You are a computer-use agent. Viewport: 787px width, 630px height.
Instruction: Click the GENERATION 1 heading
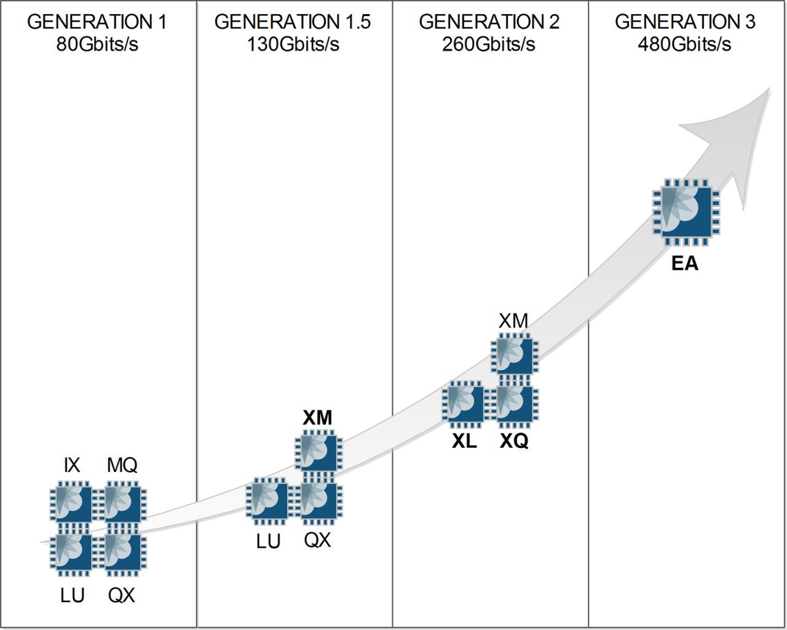pos(97,22)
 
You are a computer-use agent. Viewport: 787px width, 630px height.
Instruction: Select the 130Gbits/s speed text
pos(293,44)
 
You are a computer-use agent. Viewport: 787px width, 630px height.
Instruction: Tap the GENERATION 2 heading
pos(489,22)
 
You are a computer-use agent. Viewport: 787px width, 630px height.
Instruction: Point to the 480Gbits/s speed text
pos(684,44)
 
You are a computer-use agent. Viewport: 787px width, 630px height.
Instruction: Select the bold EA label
pos(684,264)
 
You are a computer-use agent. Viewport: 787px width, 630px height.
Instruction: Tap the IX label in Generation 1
pos(72,466)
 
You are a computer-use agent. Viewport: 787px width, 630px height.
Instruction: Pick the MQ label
pos(122,466)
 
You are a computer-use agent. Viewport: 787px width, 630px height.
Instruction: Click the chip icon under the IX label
pos(72,504)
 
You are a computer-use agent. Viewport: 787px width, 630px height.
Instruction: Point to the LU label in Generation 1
pos(72,596)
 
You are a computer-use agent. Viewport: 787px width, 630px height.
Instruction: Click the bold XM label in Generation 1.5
pos(317,418)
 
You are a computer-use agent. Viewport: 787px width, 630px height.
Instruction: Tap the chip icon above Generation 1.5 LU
pos(268,500)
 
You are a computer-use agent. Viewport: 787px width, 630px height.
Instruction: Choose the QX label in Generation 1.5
pos(317,540)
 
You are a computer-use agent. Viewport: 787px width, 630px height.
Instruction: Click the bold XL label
pos(464,441)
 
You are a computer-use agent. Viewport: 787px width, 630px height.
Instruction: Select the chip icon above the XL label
pos(464,403)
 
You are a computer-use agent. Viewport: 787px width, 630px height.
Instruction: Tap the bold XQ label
pos(514,441)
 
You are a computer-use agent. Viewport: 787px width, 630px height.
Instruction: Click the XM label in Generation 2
pos(513,321)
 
